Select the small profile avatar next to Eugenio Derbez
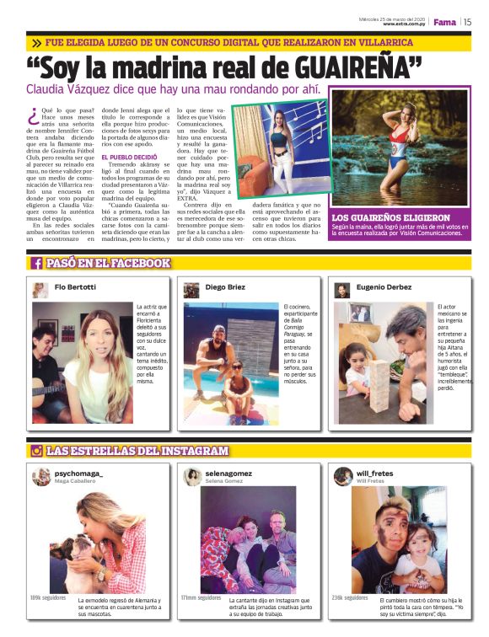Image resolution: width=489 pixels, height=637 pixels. (341, 290)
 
